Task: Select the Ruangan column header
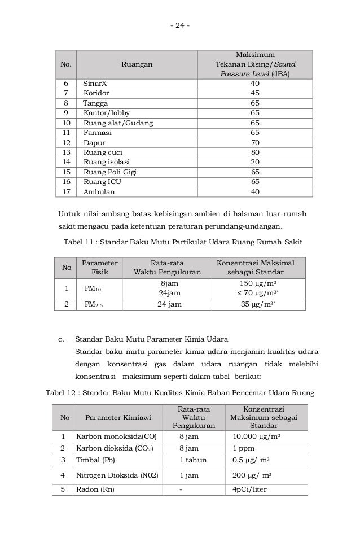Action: pyautogui.click(x=137, y=65)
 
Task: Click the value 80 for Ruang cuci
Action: pyautogui.click(x=255, y=152)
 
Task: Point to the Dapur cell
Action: pyautogui.click(x=94, y=143)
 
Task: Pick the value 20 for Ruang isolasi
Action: pyautogui.click(x=255, y=163)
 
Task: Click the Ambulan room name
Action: pyautogui.click(x=99, y=192)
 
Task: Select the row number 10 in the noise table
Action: pyautogui.click(x=65, y=123)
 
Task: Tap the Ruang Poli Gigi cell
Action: pyautogui.click(x=110, y=172)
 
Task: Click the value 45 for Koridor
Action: pyautogui.click(x=255, y=93)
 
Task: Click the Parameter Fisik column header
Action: pyautogui.click(x=99, y=267)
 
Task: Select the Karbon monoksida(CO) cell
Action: pyautogui.click(x=116, y=436)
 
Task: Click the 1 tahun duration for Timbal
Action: pyautogui.click(x=192, y=460)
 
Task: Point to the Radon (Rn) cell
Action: pyautogui.click(x=95, y=489)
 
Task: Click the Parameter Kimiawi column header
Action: pyautogui.click(x=118, y=418)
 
